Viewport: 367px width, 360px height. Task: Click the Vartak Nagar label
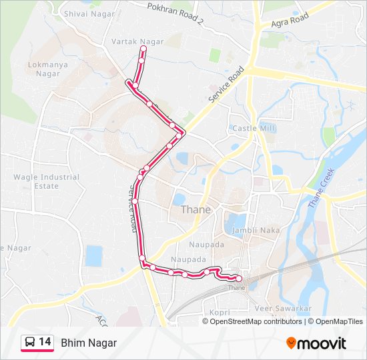[x=137, y=41]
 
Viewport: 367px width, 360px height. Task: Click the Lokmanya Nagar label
[x=44, y=69]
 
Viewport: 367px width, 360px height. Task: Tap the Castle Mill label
[x=252, y=128]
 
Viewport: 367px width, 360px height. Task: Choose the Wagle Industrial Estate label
[x=46, y=181]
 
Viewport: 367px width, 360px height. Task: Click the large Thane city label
[x=196, y=209]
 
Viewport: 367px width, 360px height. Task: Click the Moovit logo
[x=316, y=343]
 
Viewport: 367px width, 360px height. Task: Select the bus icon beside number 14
[x=29, y=343]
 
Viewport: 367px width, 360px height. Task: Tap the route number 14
[x=45, y=342]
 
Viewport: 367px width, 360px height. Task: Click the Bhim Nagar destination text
[x=89, y=343]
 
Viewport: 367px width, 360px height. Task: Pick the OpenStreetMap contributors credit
[x=256, y=321]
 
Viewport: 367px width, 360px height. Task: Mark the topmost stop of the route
[x=142, y=49]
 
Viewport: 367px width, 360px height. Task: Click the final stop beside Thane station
[x=239, y=278]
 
